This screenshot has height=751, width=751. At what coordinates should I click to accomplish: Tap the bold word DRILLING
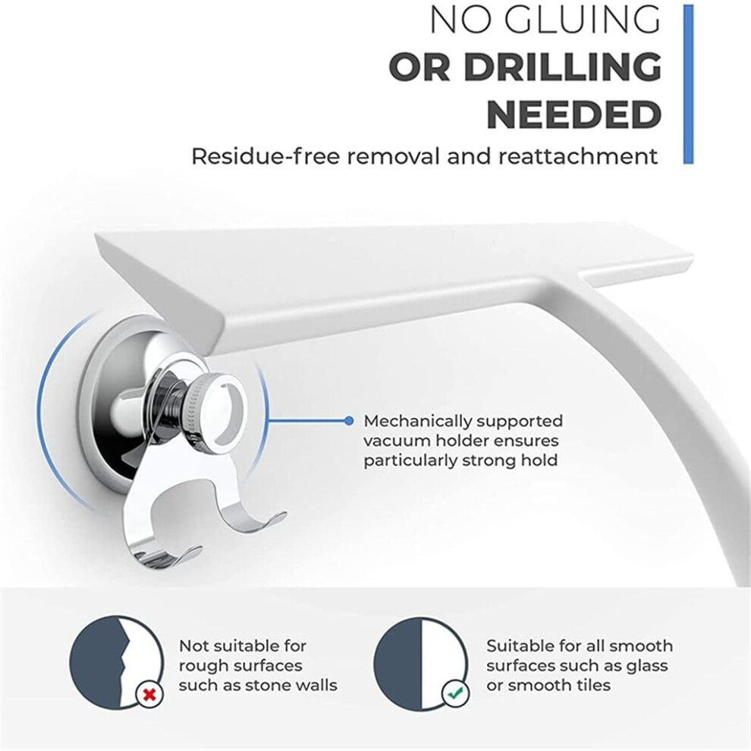click(562, 67)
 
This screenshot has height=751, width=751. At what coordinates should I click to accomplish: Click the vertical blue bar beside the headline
click(688, 84)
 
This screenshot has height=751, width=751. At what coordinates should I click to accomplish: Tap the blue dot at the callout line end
click(349, 421)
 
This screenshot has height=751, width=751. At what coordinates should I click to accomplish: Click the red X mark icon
click(149, 693)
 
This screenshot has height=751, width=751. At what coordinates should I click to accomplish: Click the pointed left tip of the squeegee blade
click(98, 234)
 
